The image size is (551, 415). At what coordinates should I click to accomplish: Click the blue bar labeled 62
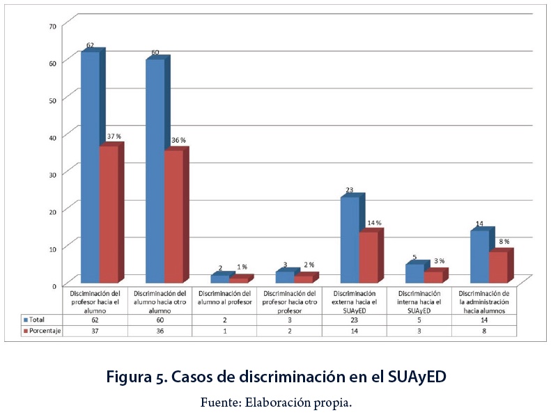tap(90, 167)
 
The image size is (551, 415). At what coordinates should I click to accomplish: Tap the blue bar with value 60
tap(155, 171)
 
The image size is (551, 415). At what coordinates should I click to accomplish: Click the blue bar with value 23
tap(349, 240)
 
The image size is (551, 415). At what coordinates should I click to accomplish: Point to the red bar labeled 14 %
tap(368, 258)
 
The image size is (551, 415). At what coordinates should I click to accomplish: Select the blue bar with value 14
tap(479, 257)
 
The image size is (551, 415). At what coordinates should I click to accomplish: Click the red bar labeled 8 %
tap(497, 267)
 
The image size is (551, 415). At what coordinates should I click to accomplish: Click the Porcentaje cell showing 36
tap(160, 331)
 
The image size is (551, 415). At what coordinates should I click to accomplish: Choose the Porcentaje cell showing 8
tap(484, 331)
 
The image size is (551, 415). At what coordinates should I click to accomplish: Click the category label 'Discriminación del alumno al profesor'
tap(225, 298)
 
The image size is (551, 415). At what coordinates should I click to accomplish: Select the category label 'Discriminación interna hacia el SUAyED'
tap(419, 302)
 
